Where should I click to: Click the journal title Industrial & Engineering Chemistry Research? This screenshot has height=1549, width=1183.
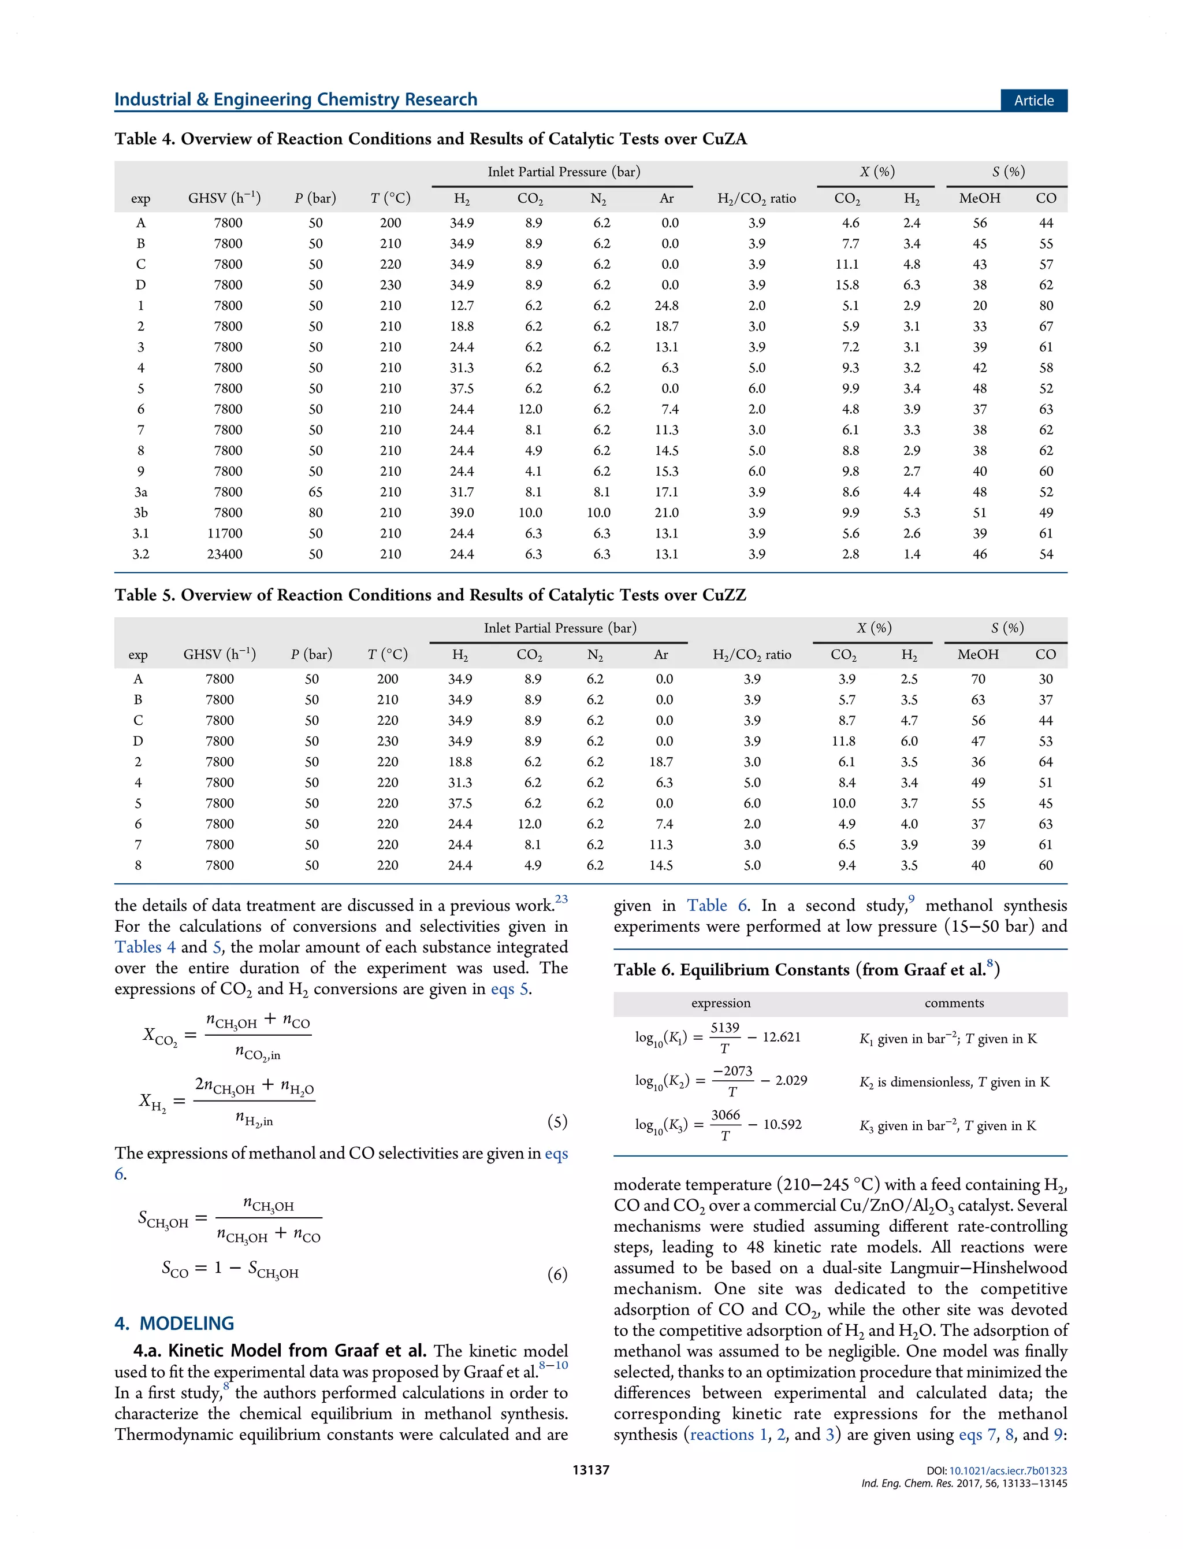pos(296,99)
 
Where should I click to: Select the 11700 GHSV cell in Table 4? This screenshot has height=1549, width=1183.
pos(225,533)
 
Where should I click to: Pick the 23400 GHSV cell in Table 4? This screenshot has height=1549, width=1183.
pos(225,554)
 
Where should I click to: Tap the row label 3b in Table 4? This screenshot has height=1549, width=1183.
pos(141,513)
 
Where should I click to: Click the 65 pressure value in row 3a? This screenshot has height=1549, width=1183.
pos(315,492)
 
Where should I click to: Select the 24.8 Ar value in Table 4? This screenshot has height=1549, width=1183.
pos(666,306)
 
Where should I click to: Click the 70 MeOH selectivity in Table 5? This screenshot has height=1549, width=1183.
pos(978,679)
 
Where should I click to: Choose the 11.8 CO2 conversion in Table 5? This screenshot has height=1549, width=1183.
pos(843,741)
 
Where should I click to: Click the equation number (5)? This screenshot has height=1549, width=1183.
pos(557,1121)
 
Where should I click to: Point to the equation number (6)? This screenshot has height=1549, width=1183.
pos(557,1274)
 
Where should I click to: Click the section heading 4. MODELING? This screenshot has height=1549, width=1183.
pos(174,1324)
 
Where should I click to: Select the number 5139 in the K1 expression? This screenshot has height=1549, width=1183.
pos(724,1028)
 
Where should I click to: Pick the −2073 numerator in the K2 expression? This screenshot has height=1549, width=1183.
pos(732,1072)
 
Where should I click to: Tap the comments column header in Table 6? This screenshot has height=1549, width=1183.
pos(954,1003)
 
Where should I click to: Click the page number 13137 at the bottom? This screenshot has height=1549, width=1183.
pos(591,1470)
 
